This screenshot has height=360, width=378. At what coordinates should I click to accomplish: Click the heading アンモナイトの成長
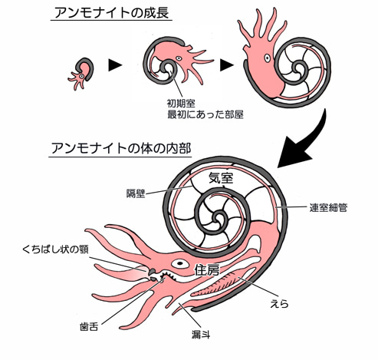[112, 13]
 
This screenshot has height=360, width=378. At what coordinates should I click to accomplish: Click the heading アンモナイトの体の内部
[121, 148]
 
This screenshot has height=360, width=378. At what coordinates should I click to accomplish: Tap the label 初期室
[181, 104]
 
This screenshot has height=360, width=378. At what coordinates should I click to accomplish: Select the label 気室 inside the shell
[221, 178]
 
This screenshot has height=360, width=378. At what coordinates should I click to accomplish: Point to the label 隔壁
[136, 193]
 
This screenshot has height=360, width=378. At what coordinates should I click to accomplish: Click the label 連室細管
[328, 207]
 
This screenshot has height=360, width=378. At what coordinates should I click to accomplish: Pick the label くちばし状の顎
[55, 249]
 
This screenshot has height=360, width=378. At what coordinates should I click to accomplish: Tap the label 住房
[207, 270]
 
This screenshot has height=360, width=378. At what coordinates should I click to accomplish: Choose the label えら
[279, 304]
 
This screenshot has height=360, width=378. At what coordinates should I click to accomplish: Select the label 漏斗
[201, 335]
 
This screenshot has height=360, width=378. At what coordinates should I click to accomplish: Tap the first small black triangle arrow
[115, 65]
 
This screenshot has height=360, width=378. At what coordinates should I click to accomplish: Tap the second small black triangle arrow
[227, 65]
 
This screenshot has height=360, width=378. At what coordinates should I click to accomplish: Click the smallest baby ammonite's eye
[81, 76]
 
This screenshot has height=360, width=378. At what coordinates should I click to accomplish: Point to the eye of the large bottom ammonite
[180, 263]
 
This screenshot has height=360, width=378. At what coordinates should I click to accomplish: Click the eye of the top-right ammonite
[268, 58]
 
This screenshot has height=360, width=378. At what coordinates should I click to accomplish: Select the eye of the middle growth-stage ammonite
[179, 58]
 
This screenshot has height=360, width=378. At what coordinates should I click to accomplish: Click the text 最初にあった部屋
[205, 114]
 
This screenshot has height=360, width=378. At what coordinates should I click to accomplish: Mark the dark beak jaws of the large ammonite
[153, 275]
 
